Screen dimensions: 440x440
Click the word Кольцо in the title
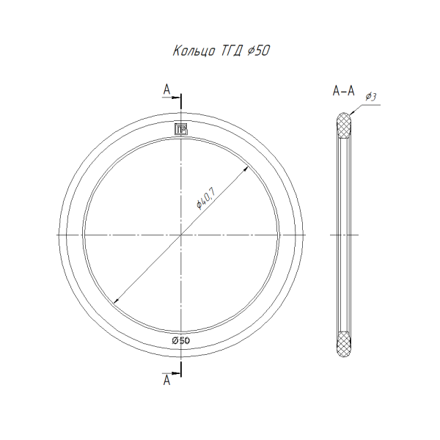194,51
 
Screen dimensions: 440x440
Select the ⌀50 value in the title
259,51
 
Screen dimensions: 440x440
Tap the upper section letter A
167,89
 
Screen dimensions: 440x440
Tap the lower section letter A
167,381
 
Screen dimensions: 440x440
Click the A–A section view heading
343,91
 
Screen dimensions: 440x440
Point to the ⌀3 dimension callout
370,97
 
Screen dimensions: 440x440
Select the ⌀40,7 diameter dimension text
206,199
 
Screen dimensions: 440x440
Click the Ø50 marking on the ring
181,341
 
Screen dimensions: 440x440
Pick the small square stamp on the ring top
181,129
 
